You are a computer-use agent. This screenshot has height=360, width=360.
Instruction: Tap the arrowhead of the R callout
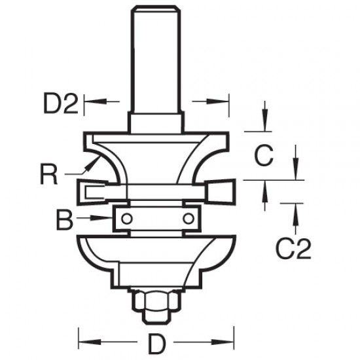[84, 171]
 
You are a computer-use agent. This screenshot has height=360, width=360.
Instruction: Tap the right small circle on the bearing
[189, 217]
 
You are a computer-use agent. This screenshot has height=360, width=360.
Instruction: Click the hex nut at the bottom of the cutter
[156, 302]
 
